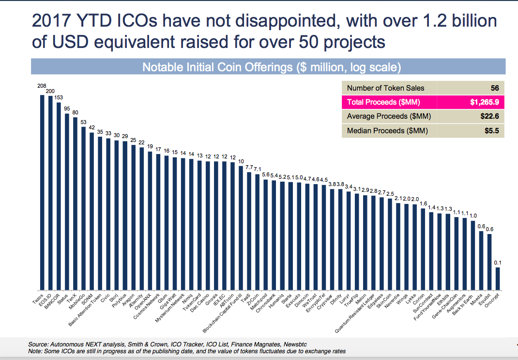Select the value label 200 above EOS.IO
(x=50, y=91)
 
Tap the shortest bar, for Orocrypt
(x=498, y=278)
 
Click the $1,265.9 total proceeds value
(x=484, y=102)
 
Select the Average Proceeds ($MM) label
(x=389, y=116)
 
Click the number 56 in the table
(x=494, y=88)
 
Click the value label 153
(x=59, y=97)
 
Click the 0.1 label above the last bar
(x=498, y=263)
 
